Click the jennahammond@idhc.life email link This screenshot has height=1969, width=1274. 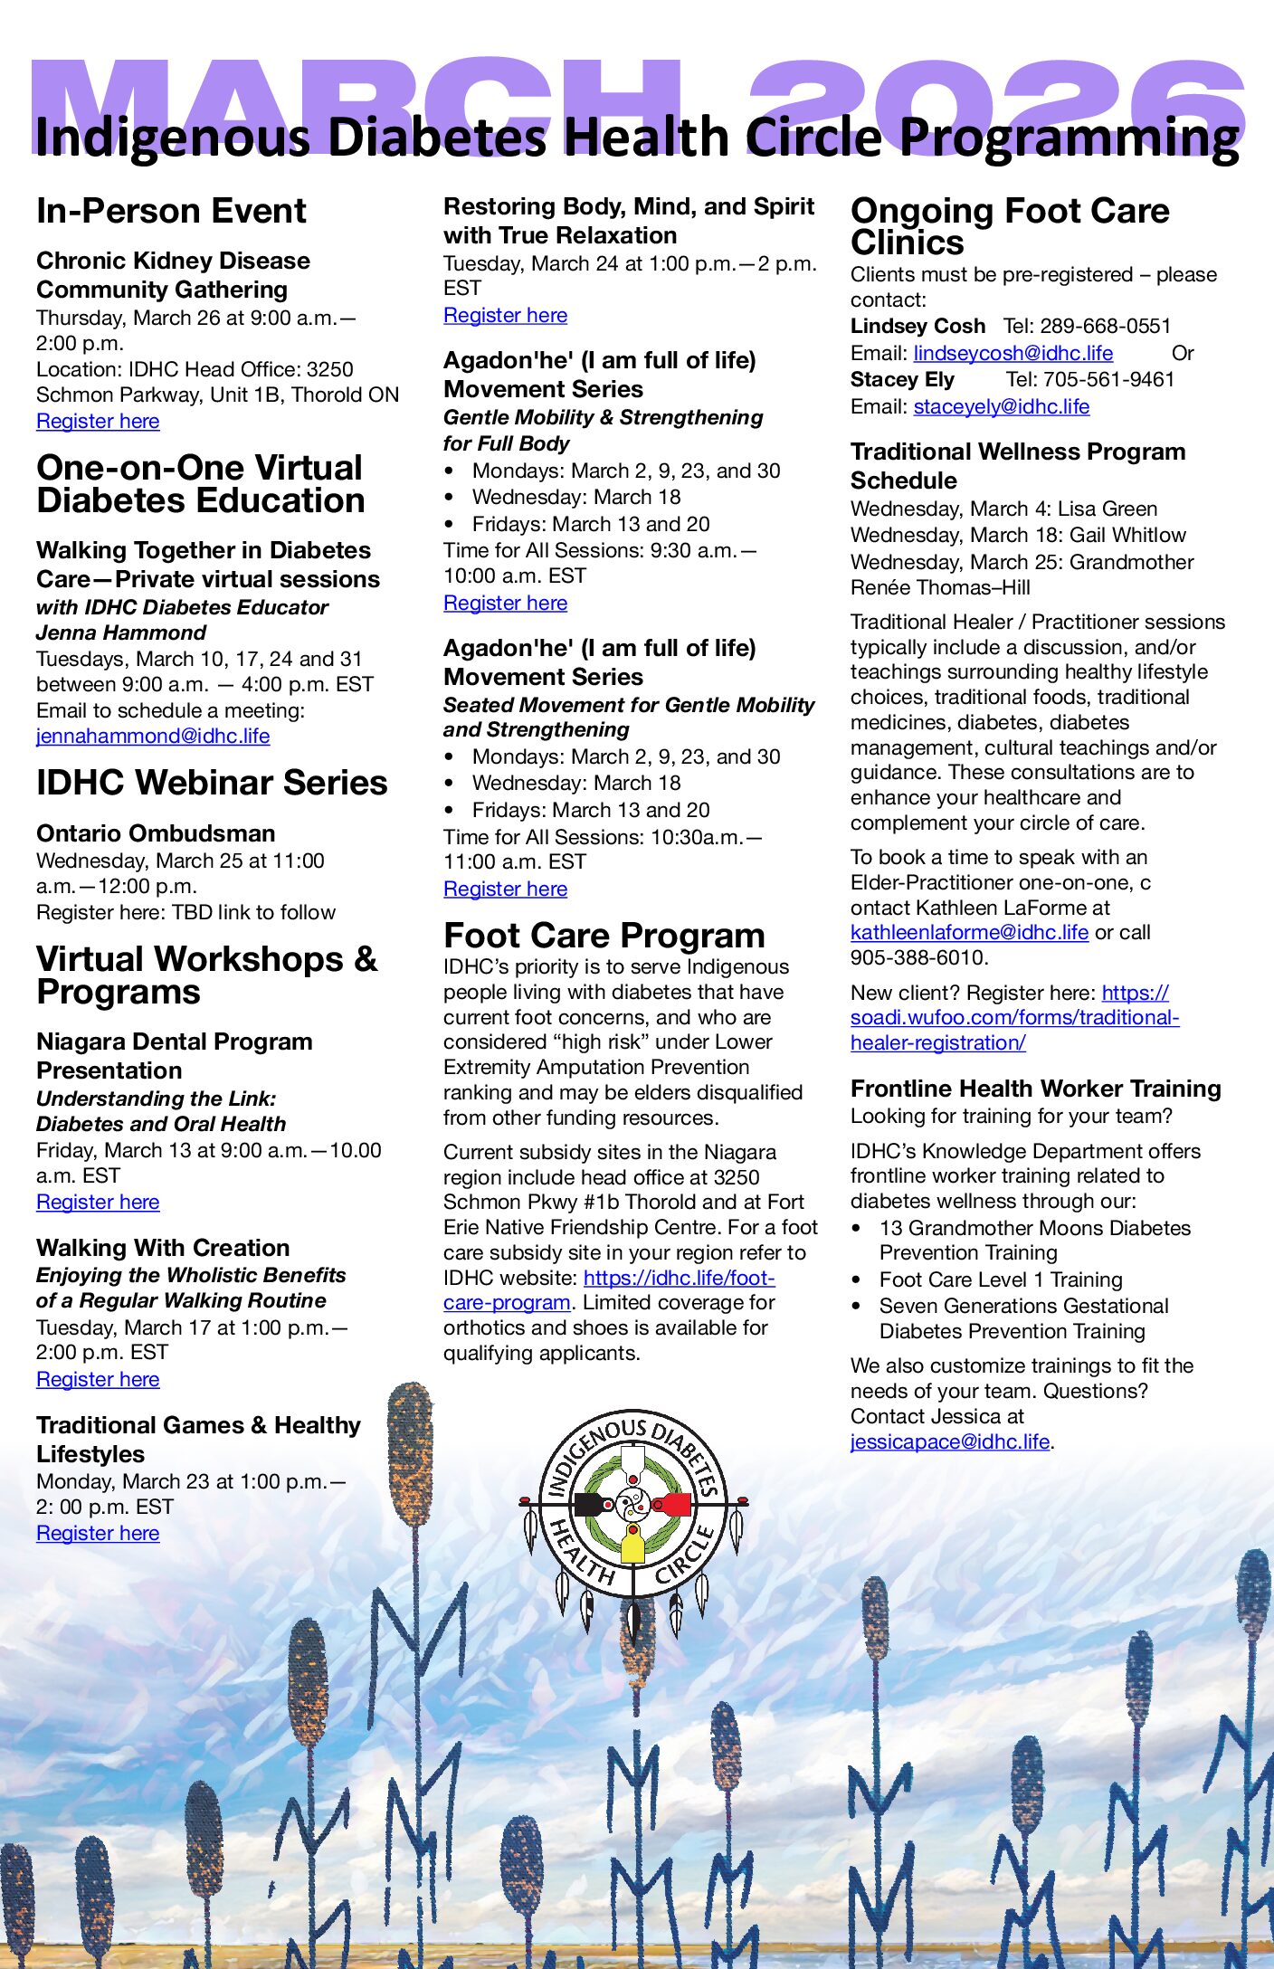tap(153, 737)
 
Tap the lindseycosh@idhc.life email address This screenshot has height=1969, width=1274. tap(1013, 354)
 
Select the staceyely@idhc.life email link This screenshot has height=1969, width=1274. tap(1001, 407)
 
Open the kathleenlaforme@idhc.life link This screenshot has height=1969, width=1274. tap(969, 933)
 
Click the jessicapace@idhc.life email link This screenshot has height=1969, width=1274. tap(950, 1442)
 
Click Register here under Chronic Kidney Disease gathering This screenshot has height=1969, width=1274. tap(98, 422)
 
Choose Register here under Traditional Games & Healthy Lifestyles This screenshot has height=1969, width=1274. tap(98, 1534)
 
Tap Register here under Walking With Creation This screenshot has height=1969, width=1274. tap(98, 1380)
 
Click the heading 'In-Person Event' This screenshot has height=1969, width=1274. tap(171, 212)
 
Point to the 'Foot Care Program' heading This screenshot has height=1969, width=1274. tap(604, 936)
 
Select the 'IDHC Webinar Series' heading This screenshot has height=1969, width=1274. tap(212, 784)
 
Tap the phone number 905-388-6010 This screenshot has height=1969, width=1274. tap(916, 958)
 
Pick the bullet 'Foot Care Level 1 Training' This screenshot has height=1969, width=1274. tap(1000, 1280)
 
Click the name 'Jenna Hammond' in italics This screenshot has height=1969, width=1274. tap(121, 633)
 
